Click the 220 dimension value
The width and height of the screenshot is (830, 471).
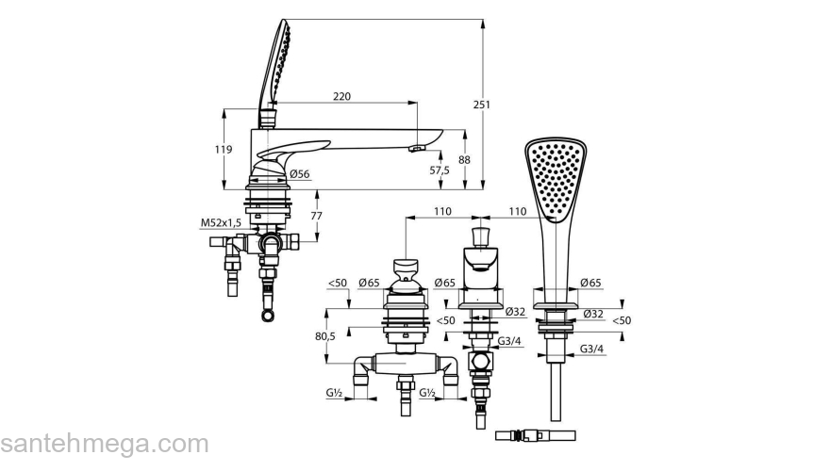click(x=341, y=96)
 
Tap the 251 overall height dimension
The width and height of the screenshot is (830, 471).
click(x=481, y=105)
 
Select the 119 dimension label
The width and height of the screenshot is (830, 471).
click(x=224, y=150)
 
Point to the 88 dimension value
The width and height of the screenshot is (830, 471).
click(x=464, y=159)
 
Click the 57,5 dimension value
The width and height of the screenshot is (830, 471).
click(x=440, y=170)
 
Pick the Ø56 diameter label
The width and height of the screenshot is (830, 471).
click(x=300, y=174)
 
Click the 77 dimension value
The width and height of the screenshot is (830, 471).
click(x=316, y=216)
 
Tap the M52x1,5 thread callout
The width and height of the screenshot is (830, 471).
click(x=221, y=223)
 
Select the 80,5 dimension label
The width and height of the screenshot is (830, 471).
click(x=325, y=336)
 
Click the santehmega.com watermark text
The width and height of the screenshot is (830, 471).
click(x=105, y=444)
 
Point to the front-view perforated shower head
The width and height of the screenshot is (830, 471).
click(x=556, y=180)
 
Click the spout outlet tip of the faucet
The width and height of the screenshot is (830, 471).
click(x=418, y=149)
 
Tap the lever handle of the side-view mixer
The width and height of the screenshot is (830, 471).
click(x=292, y=149)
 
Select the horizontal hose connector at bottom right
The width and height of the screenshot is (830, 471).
click(x=535, y=435)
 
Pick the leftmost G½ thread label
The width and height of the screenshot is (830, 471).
click(x=334, y=393)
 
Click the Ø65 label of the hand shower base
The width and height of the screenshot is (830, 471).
click(x=590, y=283)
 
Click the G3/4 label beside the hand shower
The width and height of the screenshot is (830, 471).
click(x=591, y=349)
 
